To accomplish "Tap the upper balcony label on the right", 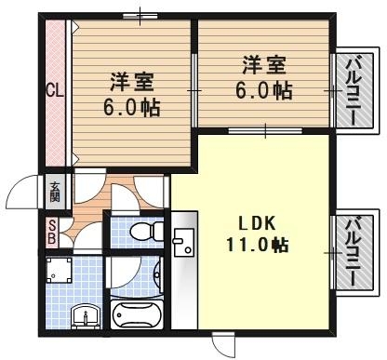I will point(353,91).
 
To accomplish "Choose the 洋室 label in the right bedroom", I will point(264,67).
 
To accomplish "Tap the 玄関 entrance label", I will point(54,192).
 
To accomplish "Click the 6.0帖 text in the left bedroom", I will point(131,106).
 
